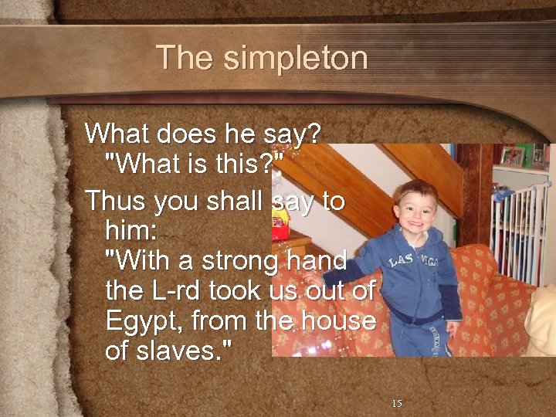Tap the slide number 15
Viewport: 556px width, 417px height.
point(397,403)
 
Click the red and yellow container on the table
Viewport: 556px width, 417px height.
point(280,226)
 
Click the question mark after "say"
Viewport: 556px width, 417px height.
point(313,134)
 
